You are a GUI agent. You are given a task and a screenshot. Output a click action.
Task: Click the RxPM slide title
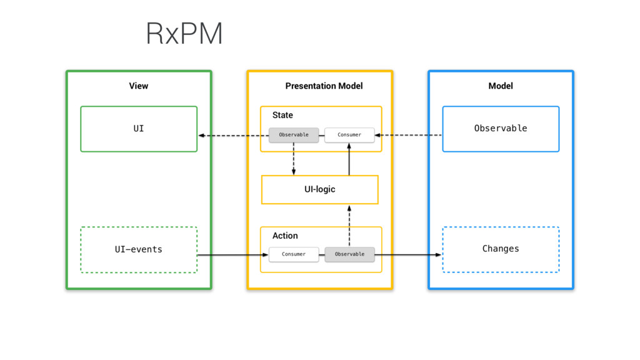184,34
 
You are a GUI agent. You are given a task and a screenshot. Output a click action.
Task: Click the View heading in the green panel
139,86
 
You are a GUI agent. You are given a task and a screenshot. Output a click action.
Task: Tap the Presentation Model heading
324,86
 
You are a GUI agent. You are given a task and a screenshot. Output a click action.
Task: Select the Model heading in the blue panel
501,86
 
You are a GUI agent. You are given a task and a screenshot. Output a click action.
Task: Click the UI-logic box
319,189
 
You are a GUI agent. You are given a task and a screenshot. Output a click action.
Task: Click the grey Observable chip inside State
294,135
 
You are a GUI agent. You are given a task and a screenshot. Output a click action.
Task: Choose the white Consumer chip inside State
349,135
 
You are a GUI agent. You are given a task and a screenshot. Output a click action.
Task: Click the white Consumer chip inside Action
294,254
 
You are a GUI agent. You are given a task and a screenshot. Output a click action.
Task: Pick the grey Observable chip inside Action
349,254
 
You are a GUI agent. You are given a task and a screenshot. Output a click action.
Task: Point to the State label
282,115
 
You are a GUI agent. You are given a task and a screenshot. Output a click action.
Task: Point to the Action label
285,236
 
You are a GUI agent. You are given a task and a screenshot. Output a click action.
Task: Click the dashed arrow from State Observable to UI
234,136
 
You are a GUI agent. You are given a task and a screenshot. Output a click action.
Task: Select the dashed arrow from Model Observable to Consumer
408,135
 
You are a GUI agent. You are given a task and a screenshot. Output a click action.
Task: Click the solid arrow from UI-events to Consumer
232,255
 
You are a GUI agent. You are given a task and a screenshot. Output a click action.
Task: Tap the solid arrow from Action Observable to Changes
408,255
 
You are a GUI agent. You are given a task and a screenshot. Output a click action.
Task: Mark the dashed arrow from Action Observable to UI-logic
349,226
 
